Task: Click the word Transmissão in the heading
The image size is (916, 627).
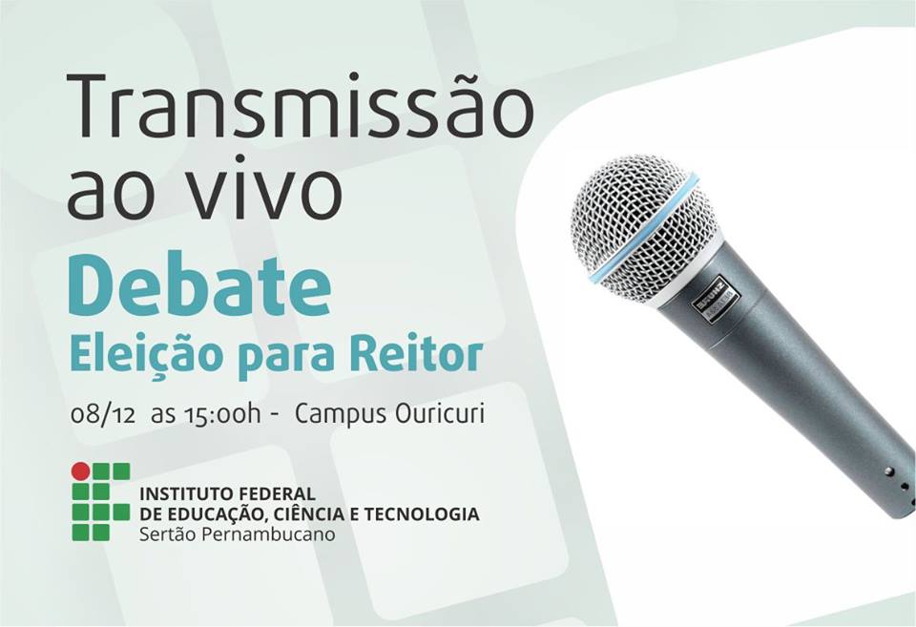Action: (301, 106)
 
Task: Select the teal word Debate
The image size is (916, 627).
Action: (199, 285)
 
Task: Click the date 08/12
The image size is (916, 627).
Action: (103, 414)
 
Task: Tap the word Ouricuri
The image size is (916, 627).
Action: (440, 413)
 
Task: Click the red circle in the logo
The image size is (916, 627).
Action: (80, 471)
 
